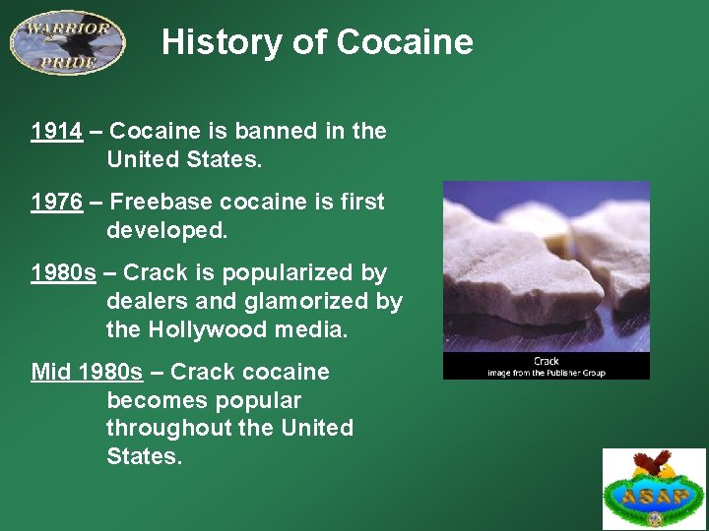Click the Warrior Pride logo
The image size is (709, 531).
click(x=67, y=42)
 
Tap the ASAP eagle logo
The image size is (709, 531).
click(x=654, y=488)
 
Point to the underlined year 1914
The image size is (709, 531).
click(x=56, y=131)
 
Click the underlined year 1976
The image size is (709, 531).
click(x=56, y=202)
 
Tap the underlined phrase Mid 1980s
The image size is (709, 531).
click(x=87, y=372)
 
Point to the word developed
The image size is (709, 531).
click(x=166, y=230)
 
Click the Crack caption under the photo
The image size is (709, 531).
click(x=547, y=361)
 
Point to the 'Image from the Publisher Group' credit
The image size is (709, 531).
click(x=547, y=373)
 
